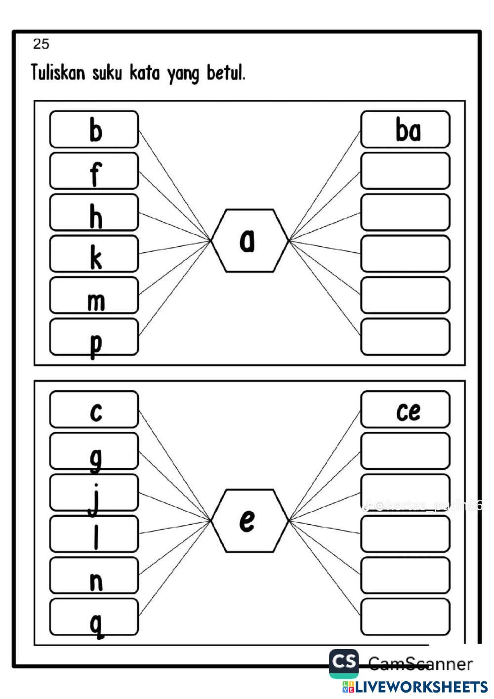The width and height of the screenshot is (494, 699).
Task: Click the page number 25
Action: [41, 44]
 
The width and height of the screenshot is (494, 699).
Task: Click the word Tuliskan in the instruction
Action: [58, 73]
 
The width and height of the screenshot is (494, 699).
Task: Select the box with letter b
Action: [94, 129]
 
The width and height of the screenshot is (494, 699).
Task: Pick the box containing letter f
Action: [94, 171]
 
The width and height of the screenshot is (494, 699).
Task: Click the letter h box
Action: [94, 212]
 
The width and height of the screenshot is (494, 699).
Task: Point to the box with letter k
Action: [94, 254]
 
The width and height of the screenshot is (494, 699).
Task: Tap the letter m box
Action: [94, 295]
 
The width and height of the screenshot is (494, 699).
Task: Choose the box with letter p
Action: [94, 337]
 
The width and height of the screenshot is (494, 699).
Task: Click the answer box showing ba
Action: [405, 129]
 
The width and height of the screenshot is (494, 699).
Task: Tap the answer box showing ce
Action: [405, 410]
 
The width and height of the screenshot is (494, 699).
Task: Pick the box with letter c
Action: [94, 410]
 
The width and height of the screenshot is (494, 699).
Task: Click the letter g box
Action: [94, 451]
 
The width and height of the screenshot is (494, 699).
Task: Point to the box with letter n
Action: [94, 576]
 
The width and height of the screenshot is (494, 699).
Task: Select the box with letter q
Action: [94, 617]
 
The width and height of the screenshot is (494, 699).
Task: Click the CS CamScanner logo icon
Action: [344, 662]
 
